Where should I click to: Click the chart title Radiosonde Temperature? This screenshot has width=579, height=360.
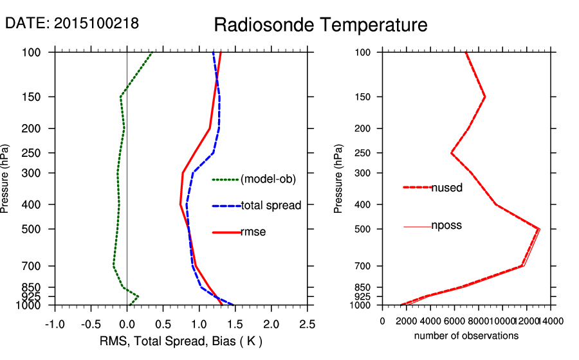click(320, 25)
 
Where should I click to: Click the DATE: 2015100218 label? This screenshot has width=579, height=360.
click(71, 24)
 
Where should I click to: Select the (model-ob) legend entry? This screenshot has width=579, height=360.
click(268, 179)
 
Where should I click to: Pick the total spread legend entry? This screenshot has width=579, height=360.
click(271, 206)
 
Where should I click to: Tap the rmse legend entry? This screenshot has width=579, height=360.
click(253, 232)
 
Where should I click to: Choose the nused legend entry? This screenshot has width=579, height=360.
click(446, 188)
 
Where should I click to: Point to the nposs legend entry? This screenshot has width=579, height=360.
click(446, 226)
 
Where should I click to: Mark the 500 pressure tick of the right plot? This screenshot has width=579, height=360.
click(364, 229)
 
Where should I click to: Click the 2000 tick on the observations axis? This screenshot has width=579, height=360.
click(418, 321)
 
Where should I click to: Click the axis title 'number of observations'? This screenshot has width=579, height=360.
click(466, 336)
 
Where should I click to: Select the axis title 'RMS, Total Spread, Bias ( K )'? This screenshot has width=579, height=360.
click(181, 341)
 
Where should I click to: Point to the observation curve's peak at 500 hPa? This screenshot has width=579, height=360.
click(539, 229)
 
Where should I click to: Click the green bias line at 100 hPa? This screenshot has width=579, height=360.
click(152, 53)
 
